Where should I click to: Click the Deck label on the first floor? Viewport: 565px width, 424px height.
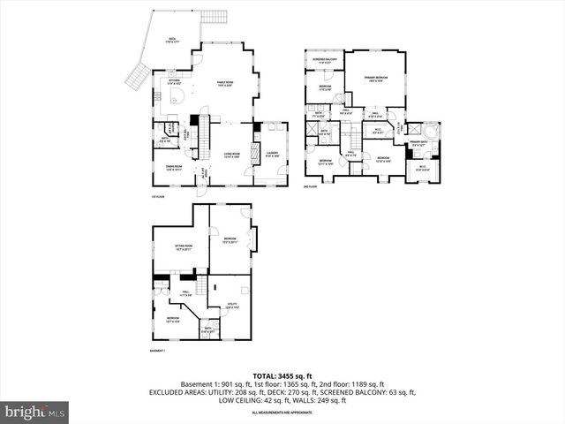click(x=172, y=40)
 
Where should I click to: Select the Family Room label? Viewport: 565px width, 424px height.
click(x=224, y=83)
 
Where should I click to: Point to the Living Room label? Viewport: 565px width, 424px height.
click(x=231, y=155)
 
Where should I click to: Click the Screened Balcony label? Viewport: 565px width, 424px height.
click(x=324, y=61)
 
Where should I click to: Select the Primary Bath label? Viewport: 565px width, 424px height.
click(x=418, y=143)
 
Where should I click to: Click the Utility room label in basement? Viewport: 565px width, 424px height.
click(x=231, y=306)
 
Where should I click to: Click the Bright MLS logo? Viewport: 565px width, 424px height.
click(x=35, y=411)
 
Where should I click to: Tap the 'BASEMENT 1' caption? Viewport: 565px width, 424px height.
click(x=158, y=351)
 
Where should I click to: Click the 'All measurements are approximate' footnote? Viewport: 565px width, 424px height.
click(x=282, y=413)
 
